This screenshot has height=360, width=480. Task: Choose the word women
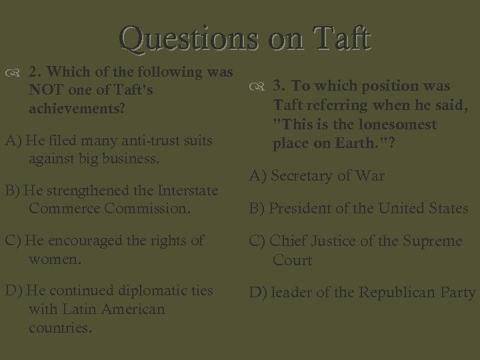(54, 258)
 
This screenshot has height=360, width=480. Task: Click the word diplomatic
(153, 291)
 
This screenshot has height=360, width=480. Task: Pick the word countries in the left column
(59, 328)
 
